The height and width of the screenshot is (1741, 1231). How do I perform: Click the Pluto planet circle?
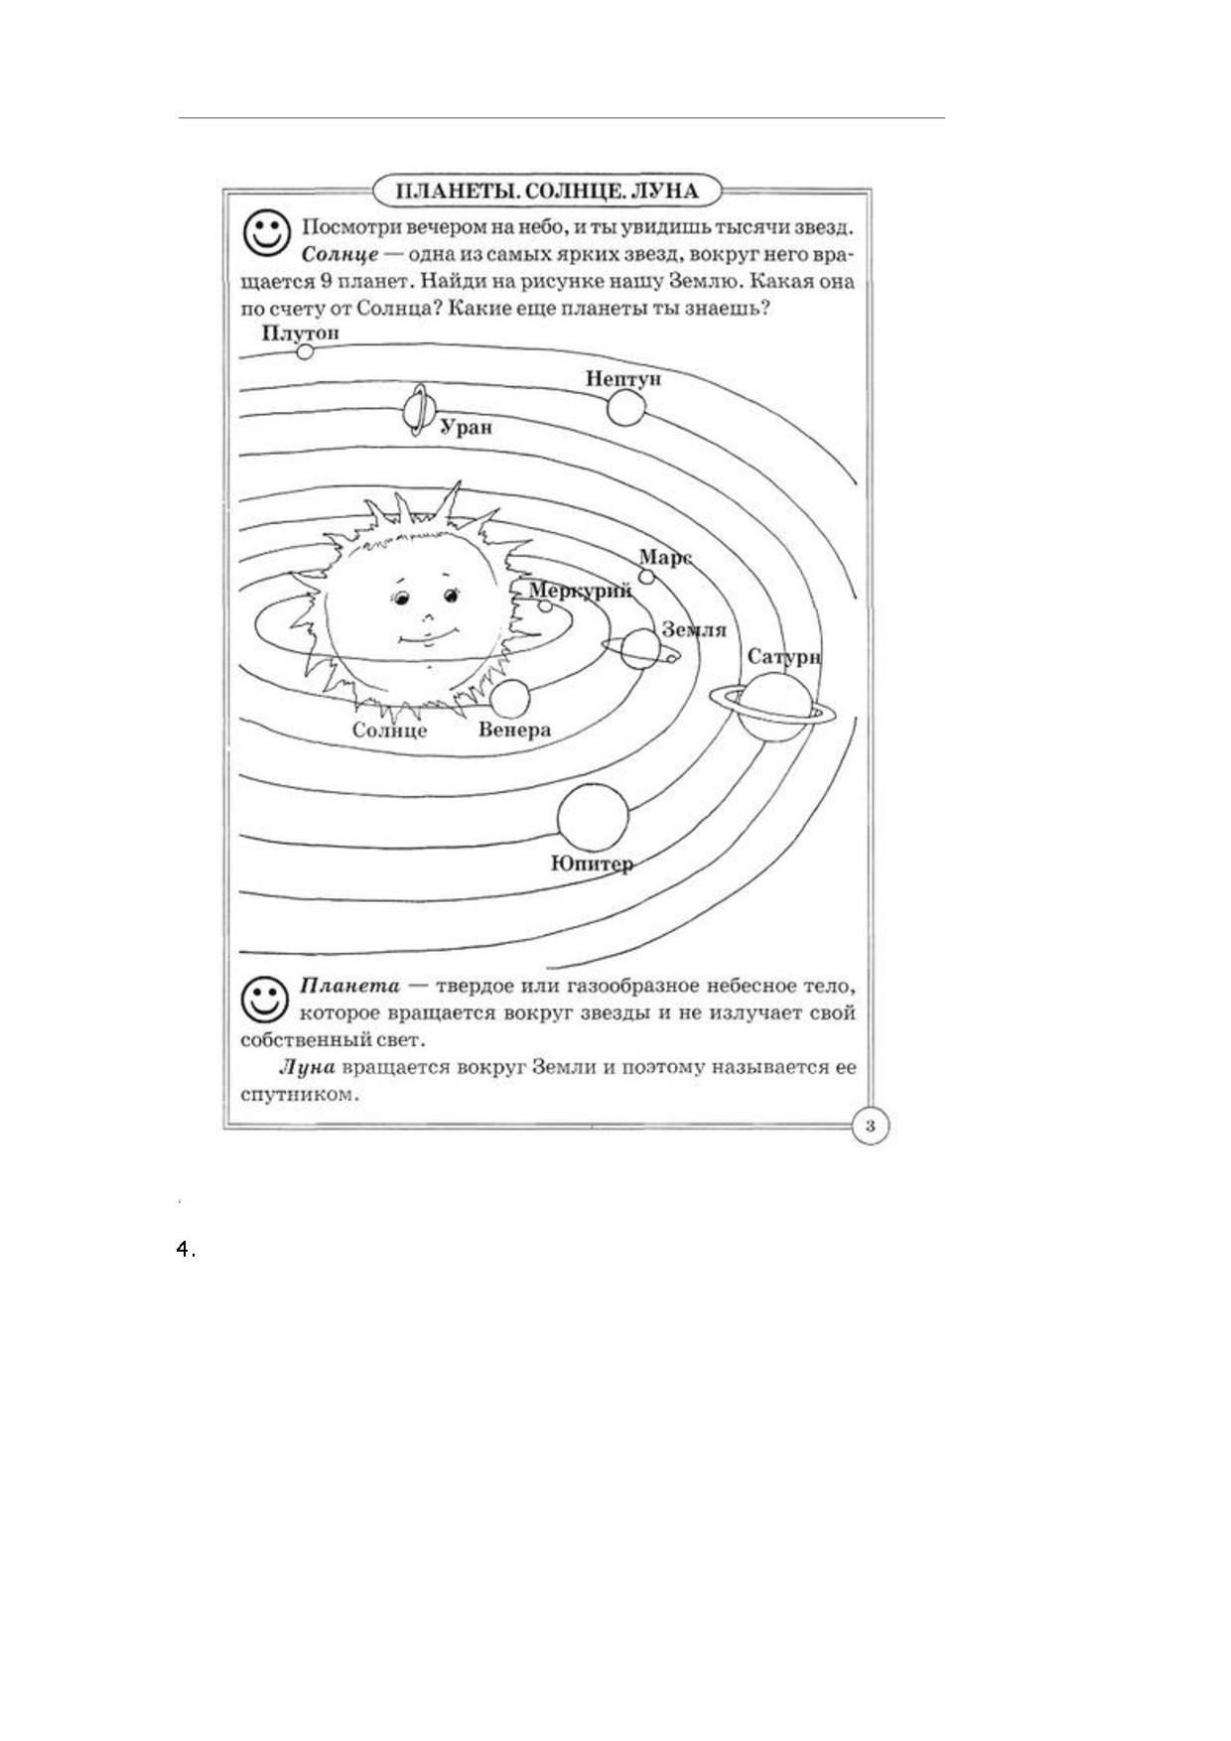pos(305,351)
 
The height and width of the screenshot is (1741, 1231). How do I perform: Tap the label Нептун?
pos(622,378)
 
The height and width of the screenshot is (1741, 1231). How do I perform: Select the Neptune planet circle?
pos(625,407)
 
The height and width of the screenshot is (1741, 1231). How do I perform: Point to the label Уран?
pos(466,429)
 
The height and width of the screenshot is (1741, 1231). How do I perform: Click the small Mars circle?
pos(646,576)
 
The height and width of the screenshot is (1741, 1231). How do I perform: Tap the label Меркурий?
pos(581,591)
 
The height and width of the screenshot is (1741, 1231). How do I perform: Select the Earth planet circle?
pos(641,648)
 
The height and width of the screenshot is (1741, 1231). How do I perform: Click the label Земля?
pos(693,630)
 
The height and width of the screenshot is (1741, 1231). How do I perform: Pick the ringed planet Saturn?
pos(772,706)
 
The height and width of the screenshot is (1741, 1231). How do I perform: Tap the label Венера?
pos(514,731)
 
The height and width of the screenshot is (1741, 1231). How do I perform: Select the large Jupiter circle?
pos(594,817)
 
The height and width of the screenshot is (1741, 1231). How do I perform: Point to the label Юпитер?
pos(592,864)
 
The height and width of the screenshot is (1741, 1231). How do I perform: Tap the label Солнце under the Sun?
pos(389,731)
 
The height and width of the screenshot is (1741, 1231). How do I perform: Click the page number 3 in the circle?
pos(871,1126)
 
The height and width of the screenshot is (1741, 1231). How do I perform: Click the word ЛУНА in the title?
pos(663,191)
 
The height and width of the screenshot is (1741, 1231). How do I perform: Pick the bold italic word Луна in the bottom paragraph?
pos(308,1068)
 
